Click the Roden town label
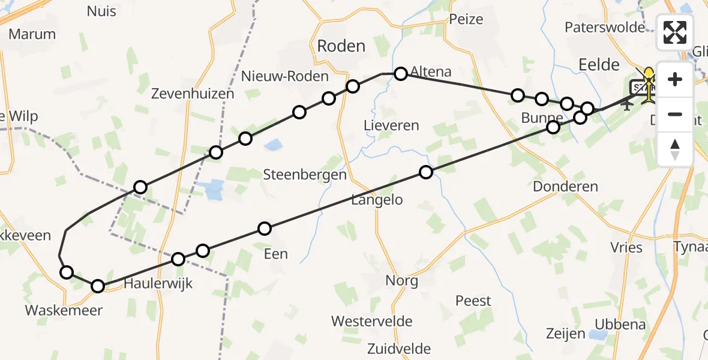(x=341, y=46)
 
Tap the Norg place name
(x=401, y=280)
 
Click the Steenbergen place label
(x=305, y=175)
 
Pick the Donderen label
(x=565, y=186)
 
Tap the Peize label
(x=466, y=19)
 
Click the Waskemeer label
(x=64, y=310)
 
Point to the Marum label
(x=32, y=34)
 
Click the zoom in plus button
(x=675, y=79)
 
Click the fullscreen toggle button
(x=675, y=32)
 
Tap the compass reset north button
(x=675, y=149)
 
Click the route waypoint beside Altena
(x=401, y=73)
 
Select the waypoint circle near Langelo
(x=425, y=172)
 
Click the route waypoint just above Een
(x=265, y=228)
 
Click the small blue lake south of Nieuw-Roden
(x=274, y=144)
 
